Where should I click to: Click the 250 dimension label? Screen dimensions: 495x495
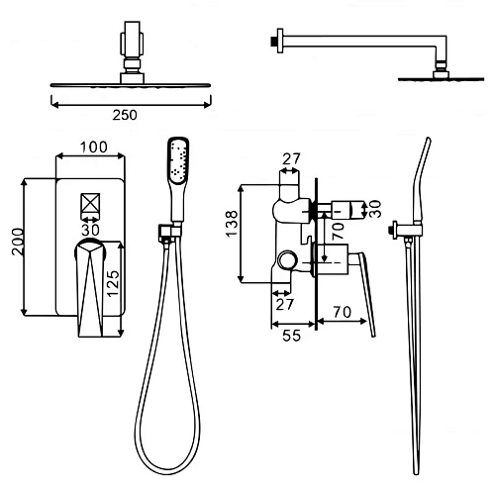click(125, 115)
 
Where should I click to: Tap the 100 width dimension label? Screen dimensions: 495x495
click(94, 148)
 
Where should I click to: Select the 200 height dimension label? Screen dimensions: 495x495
click(18, 242)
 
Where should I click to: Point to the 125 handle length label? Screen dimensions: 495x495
click(113, 283)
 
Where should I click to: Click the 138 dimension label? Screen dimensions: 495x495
click(232, 224)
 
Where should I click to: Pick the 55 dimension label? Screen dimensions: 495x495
click(292, 336)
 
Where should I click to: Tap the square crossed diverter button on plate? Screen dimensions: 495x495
click(90, 203)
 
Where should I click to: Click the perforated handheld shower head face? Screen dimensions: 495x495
click(178, 159)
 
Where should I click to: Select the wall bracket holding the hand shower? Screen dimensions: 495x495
click(169, 233)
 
